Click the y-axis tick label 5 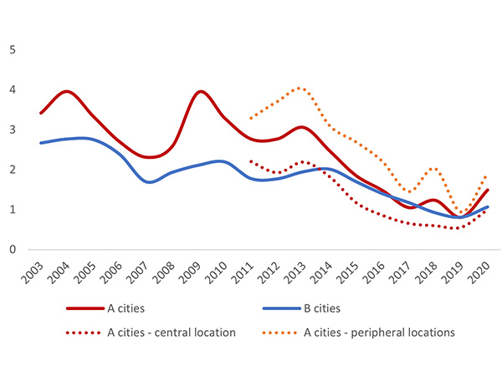coord(12,49)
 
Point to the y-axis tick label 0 coord(12,249)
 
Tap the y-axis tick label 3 coord(12,130)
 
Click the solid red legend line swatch coord(81,308)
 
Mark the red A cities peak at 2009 coord(200,91)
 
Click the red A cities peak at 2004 coord(67,91)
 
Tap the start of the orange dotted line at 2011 coord(252,118)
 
